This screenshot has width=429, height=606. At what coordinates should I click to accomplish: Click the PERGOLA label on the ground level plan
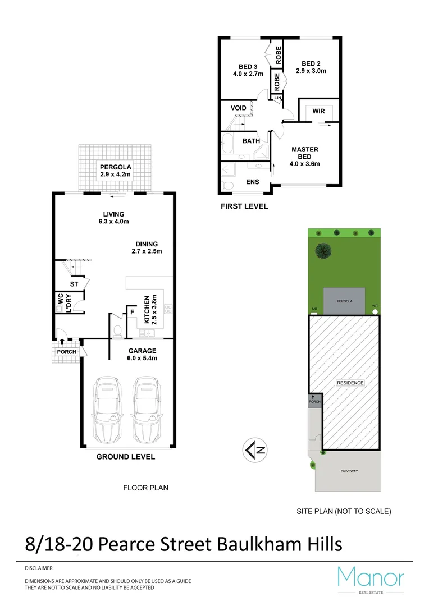point(116,167)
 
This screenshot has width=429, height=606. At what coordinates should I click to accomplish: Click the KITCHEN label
point(147,310)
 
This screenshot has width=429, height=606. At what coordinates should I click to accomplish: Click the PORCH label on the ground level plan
point(66,352)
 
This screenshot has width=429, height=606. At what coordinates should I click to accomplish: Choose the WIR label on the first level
point(318,112)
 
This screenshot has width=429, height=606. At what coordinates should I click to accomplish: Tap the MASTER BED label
point(304,153)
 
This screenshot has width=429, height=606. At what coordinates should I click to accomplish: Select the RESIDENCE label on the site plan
point(350,383)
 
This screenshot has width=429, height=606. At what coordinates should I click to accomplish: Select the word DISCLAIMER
point(39,568)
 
